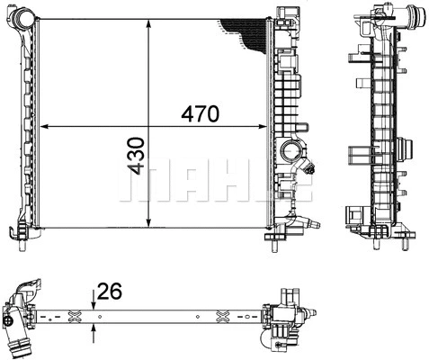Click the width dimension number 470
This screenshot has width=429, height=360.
200,114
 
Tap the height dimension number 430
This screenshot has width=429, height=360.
136,156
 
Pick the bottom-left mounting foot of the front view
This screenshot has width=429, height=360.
19,232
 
